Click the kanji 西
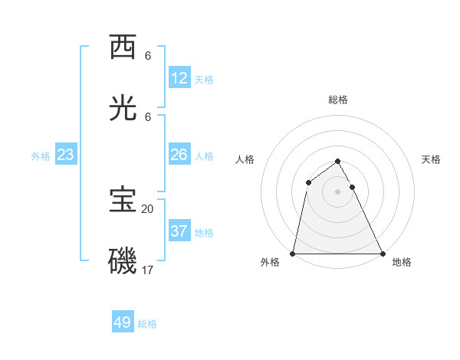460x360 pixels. tap(123, 47)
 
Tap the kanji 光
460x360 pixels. tap(123, 109)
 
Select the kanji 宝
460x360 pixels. tap(123, 200)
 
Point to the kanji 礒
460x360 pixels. tap(123, 261)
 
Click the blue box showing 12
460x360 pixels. tap(179, 78)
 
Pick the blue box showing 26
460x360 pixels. tap(179, 155)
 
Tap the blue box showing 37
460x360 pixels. tap(179, 231)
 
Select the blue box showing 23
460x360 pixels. tap(66, 155)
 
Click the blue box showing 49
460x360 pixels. tap(123, 322)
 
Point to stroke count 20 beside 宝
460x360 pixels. tap(148, 208)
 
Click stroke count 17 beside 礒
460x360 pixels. tap(148, 270)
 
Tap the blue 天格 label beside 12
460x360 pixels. tap(204, 80)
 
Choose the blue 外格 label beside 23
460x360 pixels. tap(41, 156)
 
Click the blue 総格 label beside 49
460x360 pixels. tap(147, 324)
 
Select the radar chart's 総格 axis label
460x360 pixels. tap(338, 100)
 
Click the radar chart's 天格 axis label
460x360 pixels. tap(431, 159)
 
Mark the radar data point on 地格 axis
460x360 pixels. tap(382, 253)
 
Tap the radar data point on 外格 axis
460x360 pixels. tap(293, 253)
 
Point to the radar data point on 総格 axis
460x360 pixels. tap(337, 161)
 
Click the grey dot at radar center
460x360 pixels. tap(337, 191)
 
